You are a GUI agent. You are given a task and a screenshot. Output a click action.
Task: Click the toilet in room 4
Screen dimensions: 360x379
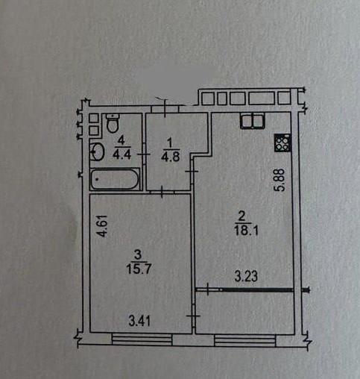[x=113, y=123]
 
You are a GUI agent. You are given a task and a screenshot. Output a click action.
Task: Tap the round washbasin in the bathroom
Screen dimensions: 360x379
[x=97, y=151]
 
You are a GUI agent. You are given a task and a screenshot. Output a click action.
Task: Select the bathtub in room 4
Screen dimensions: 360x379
[x=115, y=179]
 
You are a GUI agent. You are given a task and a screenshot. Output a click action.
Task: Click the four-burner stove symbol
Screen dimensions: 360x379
[x=282, y=143]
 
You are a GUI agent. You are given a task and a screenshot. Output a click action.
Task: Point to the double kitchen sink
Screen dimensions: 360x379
[x=253, y=121]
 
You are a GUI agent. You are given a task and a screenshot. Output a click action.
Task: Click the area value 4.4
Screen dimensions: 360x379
[x=121, y=154]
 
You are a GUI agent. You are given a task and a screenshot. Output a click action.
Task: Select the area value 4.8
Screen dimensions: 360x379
[x=171, y=157]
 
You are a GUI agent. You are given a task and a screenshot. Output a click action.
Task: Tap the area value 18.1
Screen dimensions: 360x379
[x=246, y=231]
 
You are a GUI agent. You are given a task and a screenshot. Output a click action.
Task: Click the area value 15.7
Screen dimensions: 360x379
[x=139, y=269]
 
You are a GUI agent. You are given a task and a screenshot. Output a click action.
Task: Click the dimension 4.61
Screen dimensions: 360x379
[x=102, y=226]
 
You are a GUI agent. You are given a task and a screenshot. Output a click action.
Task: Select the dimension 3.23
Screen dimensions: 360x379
[x=246, y=276]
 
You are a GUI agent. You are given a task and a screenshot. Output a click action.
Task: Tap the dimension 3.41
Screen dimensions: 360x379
[x=139, y=321]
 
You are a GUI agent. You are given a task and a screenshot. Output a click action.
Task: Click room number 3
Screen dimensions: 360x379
[x=137, y=254]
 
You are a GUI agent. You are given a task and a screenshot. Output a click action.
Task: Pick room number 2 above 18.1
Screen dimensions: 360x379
[x=241, y=216]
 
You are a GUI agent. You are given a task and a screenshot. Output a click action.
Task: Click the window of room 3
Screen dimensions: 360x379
[x=142, y=339]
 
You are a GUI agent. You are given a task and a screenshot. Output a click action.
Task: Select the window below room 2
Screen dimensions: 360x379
[x=245, y=340]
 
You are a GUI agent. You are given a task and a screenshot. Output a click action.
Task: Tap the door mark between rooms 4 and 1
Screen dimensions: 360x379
[x=144, y=154]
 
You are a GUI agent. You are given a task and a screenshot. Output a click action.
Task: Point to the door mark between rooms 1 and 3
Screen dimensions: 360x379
[x=162, y=192]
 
